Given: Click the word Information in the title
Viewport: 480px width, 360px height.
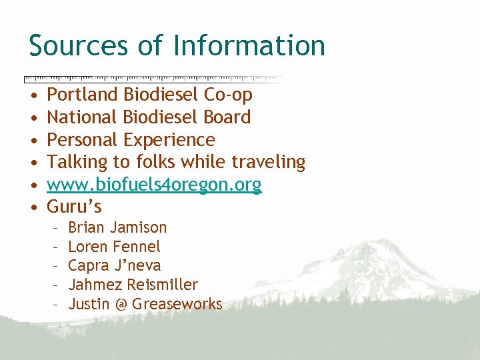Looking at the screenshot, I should [x=249, y=45].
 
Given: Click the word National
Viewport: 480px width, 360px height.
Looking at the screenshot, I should [x=82, y=117].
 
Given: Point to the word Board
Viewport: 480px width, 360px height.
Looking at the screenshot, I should [x=227, y=117].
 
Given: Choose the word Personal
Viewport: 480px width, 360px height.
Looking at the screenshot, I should [x=83, y=140].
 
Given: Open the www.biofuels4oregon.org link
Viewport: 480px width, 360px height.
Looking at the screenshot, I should [x=154, y=185].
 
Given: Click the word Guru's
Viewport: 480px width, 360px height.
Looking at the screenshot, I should [x=74, y=207].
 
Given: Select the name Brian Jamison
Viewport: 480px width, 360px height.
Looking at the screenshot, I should [x=117, y=227].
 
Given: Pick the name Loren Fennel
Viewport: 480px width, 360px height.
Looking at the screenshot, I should [x=114, y=247].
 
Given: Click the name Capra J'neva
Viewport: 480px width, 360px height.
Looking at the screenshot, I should [x=114, y=266].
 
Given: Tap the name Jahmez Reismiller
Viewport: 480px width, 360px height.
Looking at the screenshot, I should [x=133, y=285].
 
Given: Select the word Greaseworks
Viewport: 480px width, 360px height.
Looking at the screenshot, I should [x=177, y=305].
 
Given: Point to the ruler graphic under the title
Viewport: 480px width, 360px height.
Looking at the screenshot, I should [x=153, y=78].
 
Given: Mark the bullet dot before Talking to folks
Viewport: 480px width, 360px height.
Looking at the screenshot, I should [x=34, y=163].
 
